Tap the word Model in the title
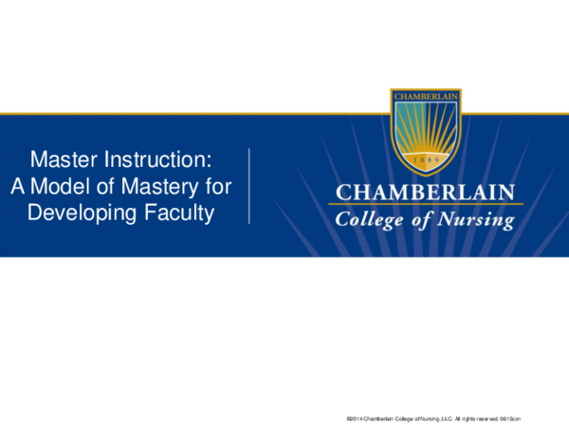coord(64,185)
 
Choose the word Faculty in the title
coord(180,213)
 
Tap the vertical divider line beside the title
coord(248,185)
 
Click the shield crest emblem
coord(426,123)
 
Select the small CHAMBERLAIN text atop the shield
coord(426,96)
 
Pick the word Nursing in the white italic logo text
coord(478,220)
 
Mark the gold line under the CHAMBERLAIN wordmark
coord(426,204)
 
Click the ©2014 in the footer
coord(357,418)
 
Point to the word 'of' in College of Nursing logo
coord(422,220)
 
